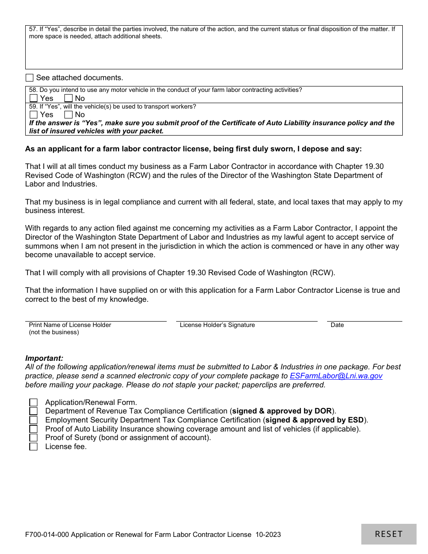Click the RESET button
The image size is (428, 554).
(389, 534)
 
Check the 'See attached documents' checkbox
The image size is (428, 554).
(30, 77)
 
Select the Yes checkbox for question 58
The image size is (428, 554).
(34, 98)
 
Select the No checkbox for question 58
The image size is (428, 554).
(68, 98)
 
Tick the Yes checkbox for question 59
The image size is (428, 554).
(34, 114)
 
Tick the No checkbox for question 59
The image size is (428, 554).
(68, 114)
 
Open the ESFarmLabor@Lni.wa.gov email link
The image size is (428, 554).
(336, 376)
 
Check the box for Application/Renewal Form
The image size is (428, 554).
(34, 402)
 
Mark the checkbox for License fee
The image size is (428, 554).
(34, 447)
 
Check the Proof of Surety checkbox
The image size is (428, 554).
(34, 438)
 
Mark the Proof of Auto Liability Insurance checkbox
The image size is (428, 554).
(34, 429)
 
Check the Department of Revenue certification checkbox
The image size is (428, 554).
(34, 411)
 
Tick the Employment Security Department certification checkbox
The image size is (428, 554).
(34, 420)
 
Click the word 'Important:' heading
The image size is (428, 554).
(44, 359)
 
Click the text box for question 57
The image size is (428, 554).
(214, 54)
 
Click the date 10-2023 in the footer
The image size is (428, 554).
(268, 535)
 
